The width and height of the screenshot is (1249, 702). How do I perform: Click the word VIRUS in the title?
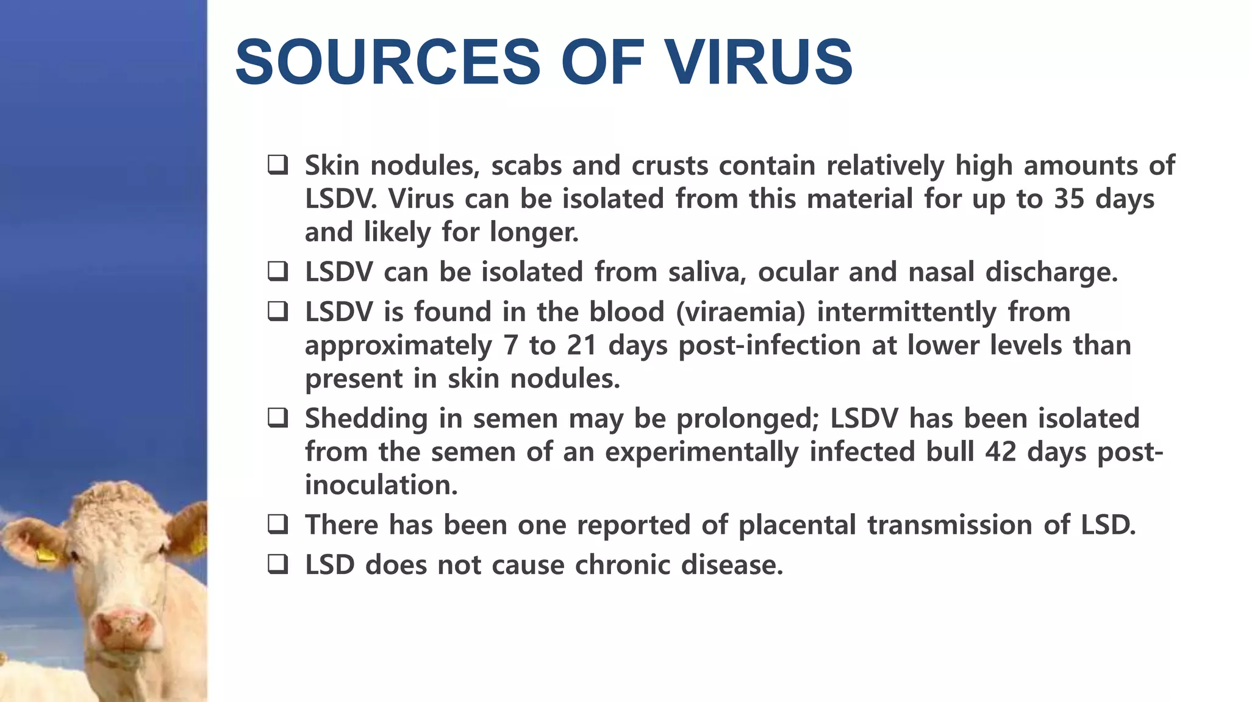click(759, 62)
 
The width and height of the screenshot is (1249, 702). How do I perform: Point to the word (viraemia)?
click(740, 312)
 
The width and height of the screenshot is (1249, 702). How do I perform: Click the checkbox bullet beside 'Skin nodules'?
click(278, 165)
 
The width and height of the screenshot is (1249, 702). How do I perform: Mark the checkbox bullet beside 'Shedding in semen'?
click(278, 418)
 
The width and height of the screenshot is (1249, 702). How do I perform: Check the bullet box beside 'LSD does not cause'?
click(278, 564)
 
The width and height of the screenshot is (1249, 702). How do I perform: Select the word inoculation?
click(381, 486)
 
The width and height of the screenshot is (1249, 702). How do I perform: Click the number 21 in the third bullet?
click(582, 346)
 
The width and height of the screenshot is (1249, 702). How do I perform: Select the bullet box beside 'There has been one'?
click(278, 525)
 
